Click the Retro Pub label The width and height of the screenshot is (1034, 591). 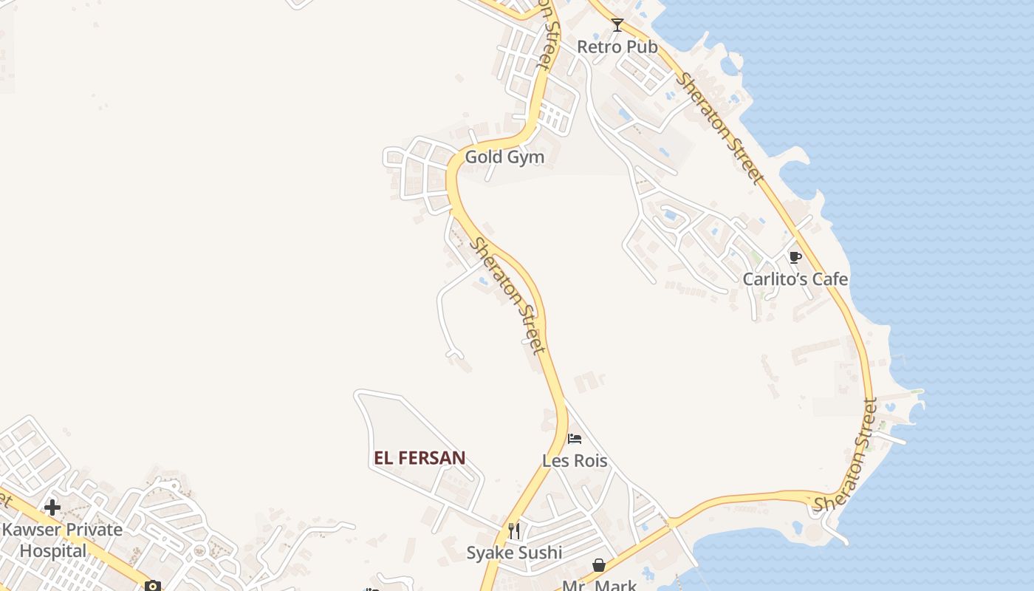click(x=617, y=47)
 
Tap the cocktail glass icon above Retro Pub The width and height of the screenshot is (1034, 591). click(x=617, y=25)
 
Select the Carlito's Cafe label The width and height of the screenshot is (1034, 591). click(x=795, y=279)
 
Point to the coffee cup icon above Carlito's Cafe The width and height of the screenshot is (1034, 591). click(x=795, y=257)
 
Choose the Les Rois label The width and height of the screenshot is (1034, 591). click(x=575, y=461)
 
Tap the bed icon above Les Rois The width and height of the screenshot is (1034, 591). click(x=575, y=439)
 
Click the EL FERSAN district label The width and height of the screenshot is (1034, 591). click(x=420, y=458)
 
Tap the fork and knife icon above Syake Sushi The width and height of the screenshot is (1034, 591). click(x=514, y=530)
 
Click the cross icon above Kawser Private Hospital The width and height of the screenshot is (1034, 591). click(x=52, y=508)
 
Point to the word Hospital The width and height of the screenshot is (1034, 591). click(x=53, y=550)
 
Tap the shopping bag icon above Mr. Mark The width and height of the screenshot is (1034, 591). click(x=598, y=565)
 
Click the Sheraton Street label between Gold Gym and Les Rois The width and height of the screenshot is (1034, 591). click(x=509, y=295)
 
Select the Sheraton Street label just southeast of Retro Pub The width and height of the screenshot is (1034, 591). click(x=721, y=128)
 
